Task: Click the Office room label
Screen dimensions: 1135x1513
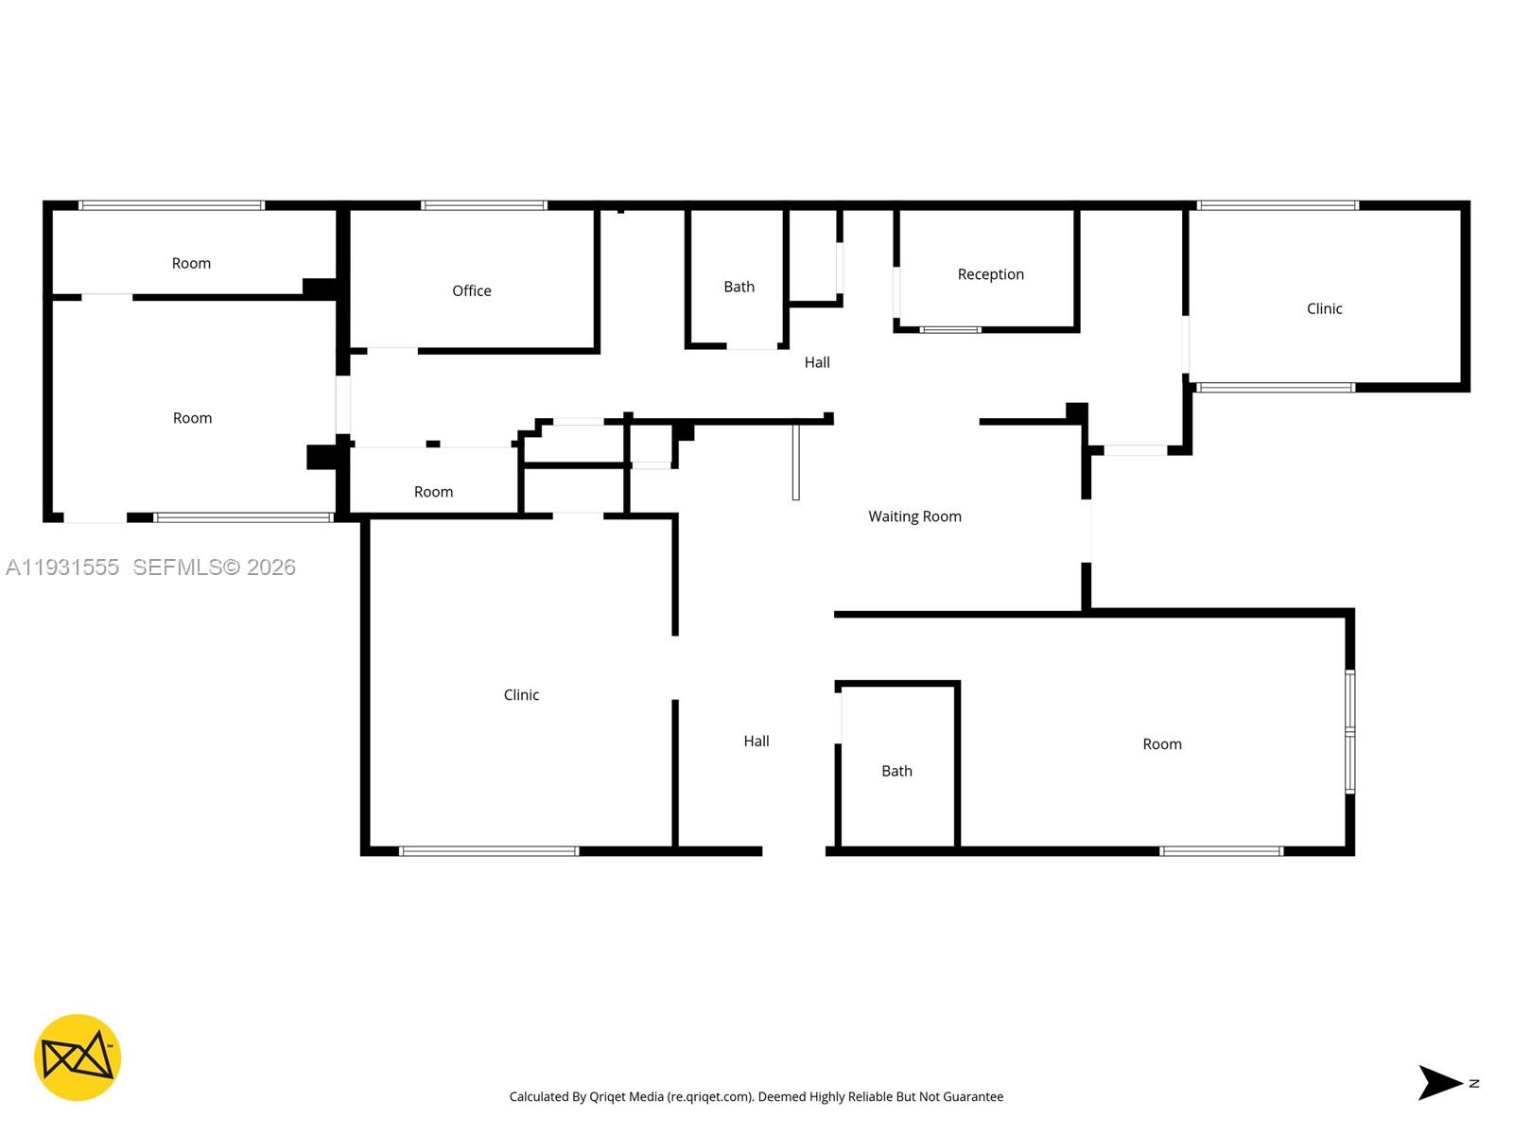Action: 471,290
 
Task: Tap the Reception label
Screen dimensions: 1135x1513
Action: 990,274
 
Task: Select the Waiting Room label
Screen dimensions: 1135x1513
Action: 914,516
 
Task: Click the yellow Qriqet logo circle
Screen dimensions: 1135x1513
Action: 78,1057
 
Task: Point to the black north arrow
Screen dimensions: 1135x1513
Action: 1439,1083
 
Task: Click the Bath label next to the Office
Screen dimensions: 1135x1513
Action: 739,287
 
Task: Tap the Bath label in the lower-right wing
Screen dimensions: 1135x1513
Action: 896,771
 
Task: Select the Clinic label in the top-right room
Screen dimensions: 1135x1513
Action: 1324,308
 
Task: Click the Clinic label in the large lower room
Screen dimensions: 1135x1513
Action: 521,695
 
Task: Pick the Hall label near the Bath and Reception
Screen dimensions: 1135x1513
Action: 817,362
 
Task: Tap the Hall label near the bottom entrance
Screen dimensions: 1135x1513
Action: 756,742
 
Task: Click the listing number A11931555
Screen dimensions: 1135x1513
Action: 62,567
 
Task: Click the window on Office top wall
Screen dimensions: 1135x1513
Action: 484,205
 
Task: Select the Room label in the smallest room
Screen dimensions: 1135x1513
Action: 433,492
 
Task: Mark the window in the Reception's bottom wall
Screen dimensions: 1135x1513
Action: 950,330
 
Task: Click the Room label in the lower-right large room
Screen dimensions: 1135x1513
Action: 1161,744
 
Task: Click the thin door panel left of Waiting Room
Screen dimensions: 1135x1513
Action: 795,462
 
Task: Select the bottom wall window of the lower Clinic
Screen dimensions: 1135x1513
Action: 489,851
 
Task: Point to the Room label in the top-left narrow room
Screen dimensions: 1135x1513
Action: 191,264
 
